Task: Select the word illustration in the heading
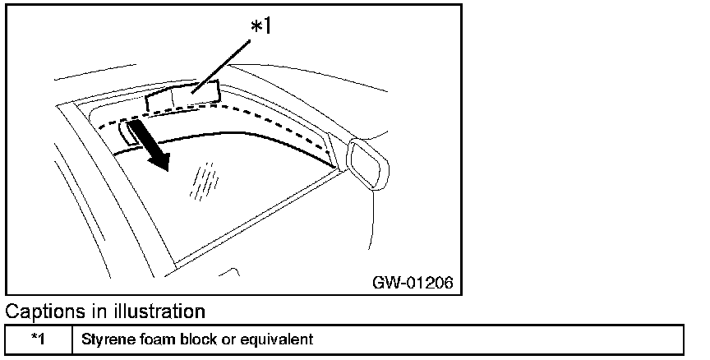[159, 312]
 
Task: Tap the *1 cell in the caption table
[38, 339]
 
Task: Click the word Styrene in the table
[101, 339]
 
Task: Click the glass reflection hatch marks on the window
[203, 181]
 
